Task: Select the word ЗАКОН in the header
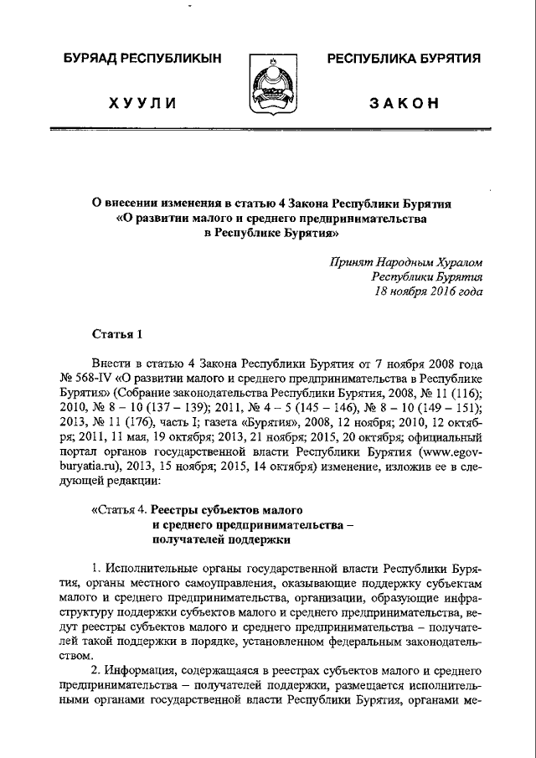404,103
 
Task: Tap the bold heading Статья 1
118,335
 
